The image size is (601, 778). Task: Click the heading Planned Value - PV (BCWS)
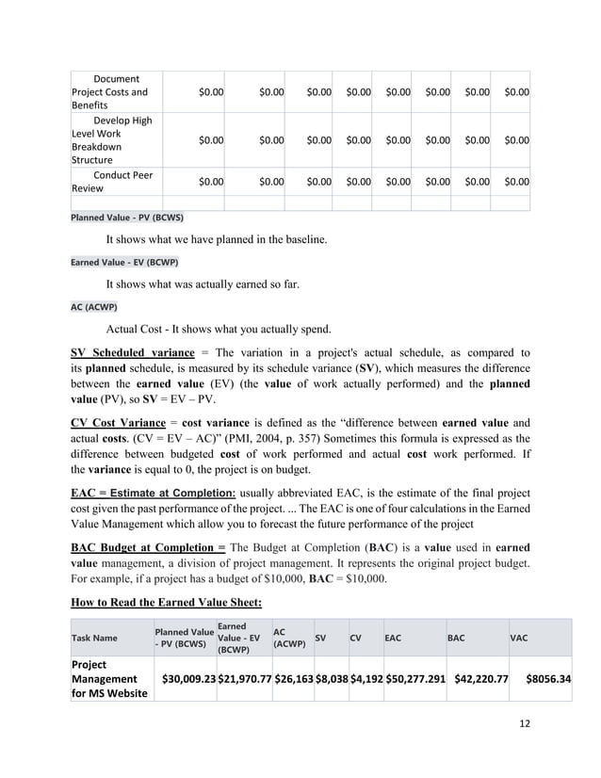[x=127, y=217]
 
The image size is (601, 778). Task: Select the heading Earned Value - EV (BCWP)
[x=124, y=262]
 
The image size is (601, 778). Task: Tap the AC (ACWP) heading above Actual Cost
[x=91, y=307]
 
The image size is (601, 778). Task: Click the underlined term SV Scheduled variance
[x=133, y=353]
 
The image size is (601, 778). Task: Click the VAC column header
[x=519, y=638]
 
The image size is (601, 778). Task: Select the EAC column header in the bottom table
[x=393, y=638]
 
